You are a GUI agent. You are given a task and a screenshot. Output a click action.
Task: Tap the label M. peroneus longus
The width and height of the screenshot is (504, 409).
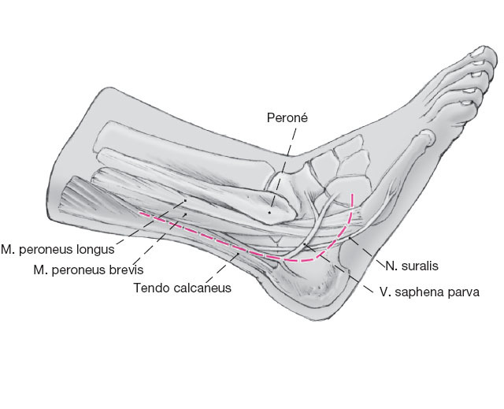point(58,249)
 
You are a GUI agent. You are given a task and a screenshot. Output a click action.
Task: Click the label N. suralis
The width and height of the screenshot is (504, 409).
point(406,266)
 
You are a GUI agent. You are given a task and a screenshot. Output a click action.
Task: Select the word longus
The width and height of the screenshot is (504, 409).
point(95,249)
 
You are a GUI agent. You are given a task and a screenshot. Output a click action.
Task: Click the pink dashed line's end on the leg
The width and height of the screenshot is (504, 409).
point(140,211)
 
